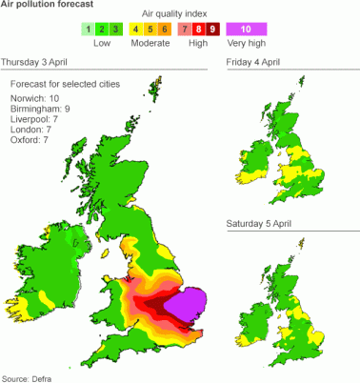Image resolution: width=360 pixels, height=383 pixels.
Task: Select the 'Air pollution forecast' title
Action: pyautogui.click(x=47, y=6)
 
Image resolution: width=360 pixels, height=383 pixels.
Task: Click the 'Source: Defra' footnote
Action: pyautogui.click(x=27, y=378)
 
